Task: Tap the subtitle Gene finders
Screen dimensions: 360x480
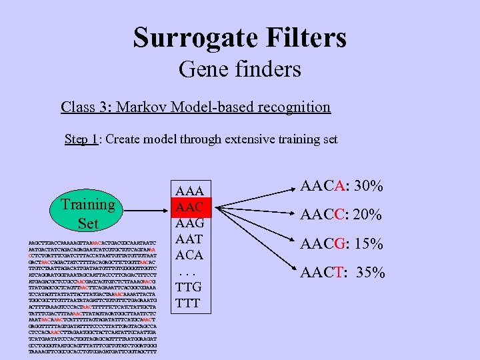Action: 239,69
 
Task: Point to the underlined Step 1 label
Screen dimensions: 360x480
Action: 80,139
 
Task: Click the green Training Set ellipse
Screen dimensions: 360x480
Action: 87,213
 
